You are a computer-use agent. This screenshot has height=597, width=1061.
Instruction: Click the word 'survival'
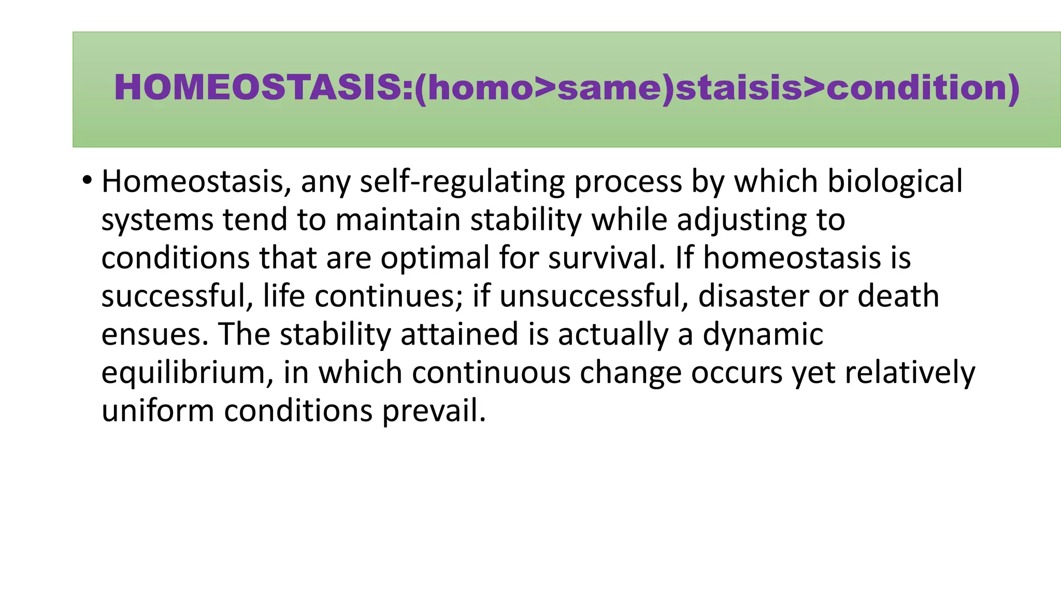(603, 258)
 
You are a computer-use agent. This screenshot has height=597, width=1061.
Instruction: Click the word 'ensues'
(151, 334)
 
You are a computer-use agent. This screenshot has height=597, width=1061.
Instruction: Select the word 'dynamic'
(763, 334)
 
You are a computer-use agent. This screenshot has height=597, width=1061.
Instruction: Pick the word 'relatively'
(910, 373)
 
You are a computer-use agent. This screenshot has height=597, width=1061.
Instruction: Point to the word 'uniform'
(157, 411)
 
